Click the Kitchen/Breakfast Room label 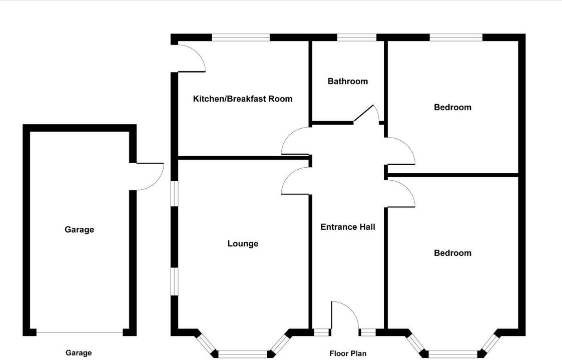click(242, 99)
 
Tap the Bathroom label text click(347, 81)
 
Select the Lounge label click(243, 244)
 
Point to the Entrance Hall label click(347, 227)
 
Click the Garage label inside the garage click(79, 230)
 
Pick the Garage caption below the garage click(79, 353)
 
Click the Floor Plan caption click(347, 353)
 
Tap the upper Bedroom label click(452, 107)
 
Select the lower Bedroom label click(452, 253)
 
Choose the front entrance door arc click(345, 315)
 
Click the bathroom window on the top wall click(356, 38)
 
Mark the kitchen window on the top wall click(241, 38)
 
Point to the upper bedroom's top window click(455, 38)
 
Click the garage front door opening click(80, 332)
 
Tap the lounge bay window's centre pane click(243, 353)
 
